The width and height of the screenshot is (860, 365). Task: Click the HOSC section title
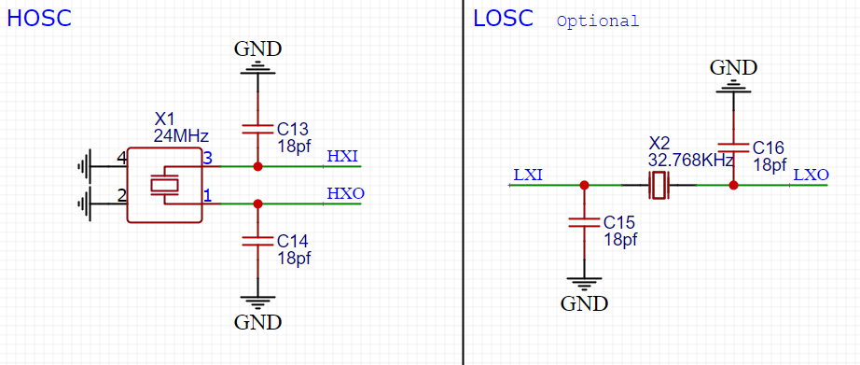coord(39,18)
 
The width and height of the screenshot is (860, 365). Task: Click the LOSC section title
coord(503,18)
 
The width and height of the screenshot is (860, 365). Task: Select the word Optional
coord(598,21)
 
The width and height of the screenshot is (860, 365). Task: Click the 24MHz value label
coord(181,135)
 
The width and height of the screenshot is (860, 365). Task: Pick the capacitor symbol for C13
coord(257,128)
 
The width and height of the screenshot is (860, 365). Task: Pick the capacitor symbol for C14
coord(257,240)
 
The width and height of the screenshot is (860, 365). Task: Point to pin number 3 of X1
coord(208,159)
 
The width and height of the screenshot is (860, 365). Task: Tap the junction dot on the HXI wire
coord(257,166)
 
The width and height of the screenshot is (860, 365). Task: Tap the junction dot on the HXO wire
coord(257,203)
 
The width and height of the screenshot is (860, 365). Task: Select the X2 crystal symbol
coord(659,185)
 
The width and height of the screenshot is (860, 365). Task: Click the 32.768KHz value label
coord(691,160)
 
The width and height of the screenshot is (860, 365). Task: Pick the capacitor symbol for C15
coord(584,221)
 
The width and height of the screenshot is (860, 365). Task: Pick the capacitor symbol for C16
coord(733,147)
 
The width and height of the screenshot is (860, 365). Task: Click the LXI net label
coord(528,175)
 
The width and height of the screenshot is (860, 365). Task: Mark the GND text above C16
coord(733,66)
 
